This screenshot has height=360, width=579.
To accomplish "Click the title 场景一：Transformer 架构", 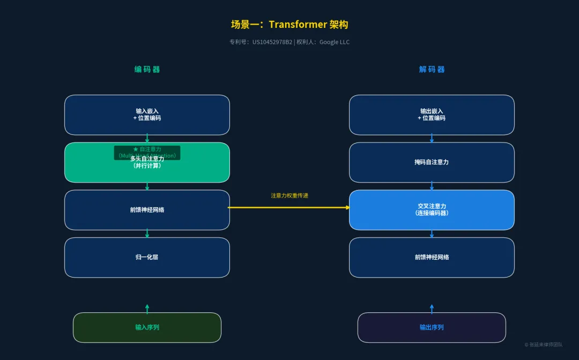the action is (289, 25).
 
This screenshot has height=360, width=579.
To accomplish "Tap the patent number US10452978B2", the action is (272, 42).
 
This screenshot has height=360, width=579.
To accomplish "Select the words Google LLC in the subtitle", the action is (335, 42).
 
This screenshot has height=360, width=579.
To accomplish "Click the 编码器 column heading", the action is (147, 69).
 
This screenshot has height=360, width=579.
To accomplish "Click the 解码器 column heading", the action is (432, 69).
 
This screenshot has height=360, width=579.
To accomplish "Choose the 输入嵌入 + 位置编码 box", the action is (147, 115).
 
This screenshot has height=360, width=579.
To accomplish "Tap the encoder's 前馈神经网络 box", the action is (147, 210).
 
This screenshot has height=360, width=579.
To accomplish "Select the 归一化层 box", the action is (147, 257).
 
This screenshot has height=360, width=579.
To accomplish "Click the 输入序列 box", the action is (147, 327).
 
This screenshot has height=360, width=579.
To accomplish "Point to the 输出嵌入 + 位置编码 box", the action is (432, 115).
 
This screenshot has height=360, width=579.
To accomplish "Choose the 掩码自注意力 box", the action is (432, 162).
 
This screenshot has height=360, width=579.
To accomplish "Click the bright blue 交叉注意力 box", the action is (432, 210).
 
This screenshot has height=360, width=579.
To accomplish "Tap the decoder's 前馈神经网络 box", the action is (432, 257).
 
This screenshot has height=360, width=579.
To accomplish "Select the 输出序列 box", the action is (432, 327).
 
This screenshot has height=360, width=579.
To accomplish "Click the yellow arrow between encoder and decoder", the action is (289, 207).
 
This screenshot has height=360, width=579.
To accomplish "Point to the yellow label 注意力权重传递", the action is (289, 196).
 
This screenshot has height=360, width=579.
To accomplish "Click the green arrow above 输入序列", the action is (147, 309).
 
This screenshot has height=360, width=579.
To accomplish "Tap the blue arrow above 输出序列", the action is (432, 309).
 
